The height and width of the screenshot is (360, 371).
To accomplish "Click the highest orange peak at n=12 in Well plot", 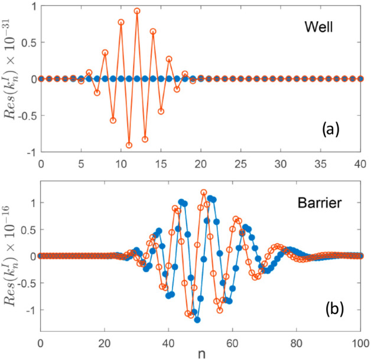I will click(x=137, y=11).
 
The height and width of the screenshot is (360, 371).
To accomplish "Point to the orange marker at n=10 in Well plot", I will click(x=121, y=22).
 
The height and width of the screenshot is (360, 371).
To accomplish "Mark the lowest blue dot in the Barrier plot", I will click(x=197, y=320).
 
